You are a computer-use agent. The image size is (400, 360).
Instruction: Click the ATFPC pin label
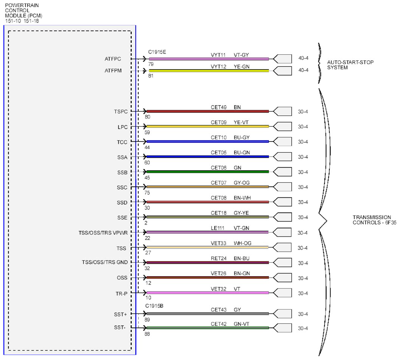(x=113, y=59)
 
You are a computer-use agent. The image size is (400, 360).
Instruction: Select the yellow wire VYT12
(x=208, y=71)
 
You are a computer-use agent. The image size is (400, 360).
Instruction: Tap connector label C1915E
(x=157, y=52)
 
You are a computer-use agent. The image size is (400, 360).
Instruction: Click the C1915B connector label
(x=154, y=306)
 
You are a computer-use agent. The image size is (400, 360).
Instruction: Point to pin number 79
(x=151, y=64)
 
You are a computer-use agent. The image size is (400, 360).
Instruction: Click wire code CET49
(x=219, y=107)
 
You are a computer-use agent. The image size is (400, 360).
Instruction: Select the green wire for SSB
(x=208, y=172)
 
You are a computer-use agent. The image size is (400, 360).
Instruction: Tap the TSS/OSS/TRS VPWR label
(x=103, y=233)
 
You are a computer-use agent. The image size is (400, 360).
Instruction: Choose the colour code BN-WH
(x=242, y=198)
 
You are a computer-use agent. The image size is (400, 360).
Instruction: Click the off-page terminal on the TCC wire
(x=283, y=142)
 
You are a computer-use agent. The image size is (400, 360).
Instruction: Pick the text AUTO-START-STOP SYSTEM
(x=350, y=65)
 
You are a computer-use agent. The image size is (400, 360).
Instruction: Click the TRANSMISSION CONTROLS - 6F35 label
(x=374, y=220)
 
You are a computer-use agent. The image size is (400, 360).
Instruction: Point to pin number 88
(x=147, y=334)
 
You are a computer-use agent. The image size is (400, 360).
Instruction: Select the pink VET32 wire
(x=208, y=293)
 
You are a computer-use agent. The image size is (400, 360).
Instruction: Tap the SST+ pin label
(x=120, y=314)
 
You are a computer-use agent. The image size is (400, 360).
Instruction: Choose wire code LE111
(x=217, y=228)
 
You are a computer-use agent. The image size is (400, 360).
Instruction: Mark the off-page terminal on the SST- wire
(x=283, y=328)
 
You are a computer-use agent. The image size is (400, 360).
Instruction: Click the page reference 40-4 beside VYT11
(x=303, y=58)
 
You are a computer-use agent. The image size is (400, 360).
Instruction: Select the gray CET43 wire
(x=208, y=314)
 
